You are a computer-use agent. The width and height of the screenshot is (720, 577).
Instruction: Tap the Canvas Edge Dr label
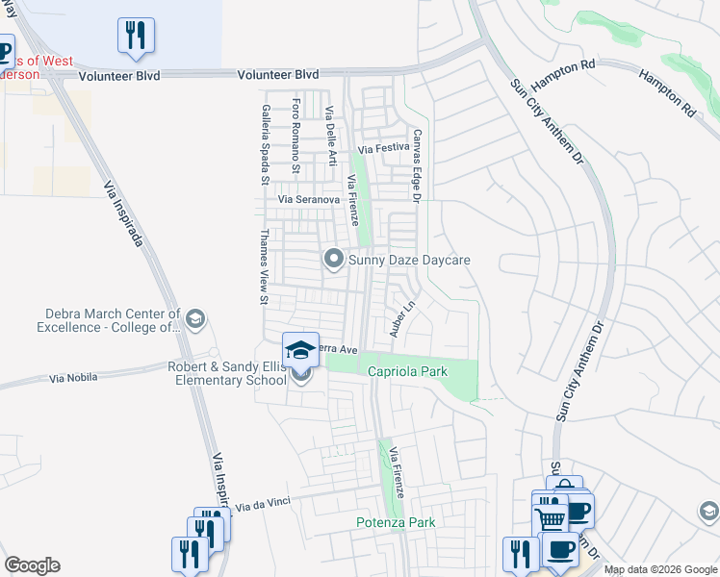point(417,166)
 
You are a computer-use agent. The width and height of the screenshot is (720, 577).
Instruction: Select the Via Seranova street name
point(309,199)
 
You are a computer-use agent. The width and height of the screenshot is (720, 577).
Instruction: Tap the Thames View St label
point(264,266)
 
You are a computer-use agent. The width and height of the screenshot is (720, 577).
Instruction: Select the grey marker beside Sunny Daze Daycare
point(333,259)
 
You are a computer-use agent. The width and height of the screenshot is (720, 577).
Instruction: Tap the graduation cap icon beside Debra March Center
point(195,319)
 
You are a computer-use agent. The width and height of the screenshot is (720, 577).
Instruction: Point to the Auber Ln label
point(400,320)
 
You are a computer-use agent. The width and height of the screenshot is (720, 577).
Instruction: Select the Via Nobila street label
point(73,379)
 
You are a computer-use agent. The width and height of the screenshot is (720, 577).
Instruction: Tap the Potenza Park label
point(395,522)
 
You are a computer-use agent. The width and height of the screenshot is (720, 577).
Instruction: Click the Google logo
point(32,565)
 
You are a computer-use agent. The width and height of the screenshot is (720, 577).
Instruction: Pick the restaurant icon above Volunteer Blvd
point(136,37)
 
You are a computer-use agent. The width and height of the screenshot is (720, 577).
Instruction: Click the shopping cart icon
point(550,519)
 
